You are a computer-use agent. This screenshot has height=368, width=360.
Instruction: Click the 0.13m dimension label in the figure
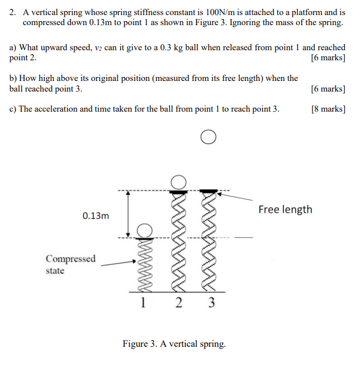96,216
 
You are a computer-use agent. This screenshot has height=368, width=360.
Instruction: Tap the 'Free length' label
285,209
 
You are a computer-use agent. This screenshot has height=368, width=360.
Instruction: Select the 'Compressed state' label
70,265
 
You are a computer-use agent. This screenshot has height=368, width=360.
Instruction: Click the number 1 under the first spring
144,303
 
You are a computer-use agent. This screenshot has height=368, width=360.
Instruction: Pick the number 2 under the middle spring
178,303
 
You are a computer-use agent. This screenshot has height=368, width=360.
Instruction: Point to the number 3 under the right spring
211,303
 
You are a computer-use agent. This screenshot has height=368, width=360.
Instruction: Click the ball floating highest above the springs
208,137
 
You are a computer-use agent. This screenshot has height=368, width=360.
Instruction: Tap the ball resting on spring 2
178,182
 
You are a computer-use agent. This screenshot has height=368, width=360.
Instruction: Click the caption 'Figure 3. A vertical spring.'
174,343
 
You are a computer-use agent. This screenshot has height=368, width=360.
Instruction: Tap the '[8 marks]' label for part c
328,109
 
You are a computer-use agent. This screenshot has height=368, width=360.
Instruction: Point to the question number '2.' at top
15,12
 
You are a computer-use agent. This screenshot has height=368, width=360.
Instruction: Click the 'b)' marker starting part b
14,79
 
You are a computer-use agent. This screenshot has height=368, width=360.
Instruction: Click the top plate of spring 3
209,192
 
